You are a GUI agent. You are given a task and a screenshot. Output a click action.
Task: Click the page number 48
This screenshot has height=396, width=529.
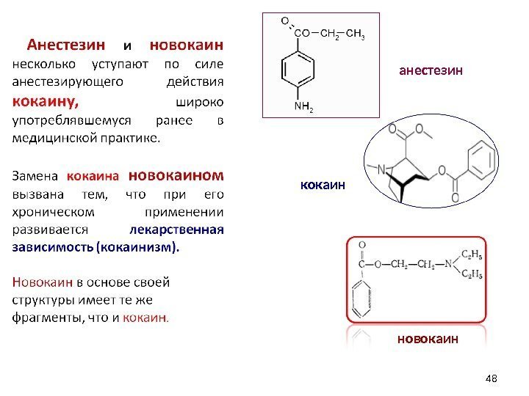click(492, 378)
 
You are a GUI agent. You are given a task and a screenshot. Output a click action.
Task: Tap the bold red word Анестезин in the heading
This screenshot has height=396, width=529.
click(67, 44)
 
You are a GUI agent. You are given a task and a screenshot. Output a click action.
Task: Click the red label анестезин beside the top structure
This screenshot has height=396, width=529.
click(431, 70)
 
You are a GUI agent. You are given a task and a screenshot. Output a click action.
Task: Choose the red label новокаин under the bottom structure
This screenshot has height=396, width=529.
click(428, 339)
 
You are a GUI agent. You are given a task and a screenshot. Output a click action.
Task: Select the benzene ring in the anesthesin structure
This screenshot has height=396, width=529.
click(298, 70)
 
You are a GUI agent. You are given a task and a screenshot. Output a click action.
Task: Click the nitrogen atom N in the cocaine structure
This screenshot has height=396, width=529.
click(381, 169)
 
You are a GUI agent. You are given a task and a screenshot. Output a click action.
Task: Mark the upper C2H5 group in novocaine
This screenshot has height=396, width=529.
click(470, 254)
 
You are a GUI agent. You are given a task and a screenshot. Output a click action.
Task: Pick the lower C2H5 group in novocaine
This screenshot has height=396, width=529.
click(470, 275)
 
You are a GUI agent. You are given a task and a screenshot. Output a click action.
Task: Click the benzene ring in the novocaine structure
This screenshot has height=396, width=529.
click(362, 301)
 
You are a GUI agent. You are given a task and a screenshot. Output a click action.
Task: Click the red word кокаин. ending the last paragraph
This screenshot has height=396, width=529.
click(145, 318)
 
